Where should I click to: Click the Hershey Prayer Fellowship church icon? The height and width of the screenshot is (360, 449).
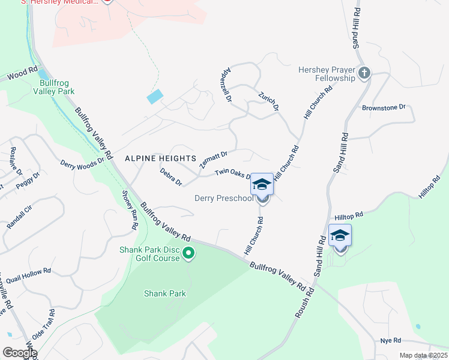(x=364, y=74)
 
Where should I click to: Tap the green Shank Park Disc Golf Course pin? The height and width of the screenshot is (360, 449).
(x=189, y=254)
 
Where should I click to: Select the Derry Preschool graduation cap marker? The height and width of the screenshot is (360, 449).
(x=262, y=184)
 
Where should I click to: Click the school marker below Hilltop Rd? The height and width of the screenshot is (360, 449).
(x=340, y=235)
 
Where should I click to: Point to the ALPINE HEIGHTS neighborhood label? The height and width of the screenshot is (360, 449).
(x=160, y=158)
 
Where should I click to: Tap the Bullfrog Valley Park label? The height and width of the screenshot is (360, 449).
(x=57, y=87)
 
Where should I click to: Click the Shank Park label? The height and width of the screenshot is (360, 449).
(x=165, y=293)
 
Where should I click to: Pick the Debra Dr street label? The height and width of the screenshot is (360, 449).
(x=170, y=176)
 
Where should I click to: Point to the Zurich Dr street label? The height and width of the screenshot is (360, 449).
(x=268, y=101)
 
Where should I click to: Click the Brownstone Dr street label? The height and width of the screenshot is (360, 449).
(x=384, y=107)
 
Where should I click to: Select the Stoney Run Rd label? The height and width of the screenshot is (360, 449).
(x=131, y=210)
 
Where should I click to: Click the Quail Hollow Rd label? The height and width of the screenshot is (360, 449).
(x=29, y=273)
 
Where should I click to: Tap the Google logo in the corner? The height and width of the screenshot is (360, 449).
(x=19, y=353)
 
